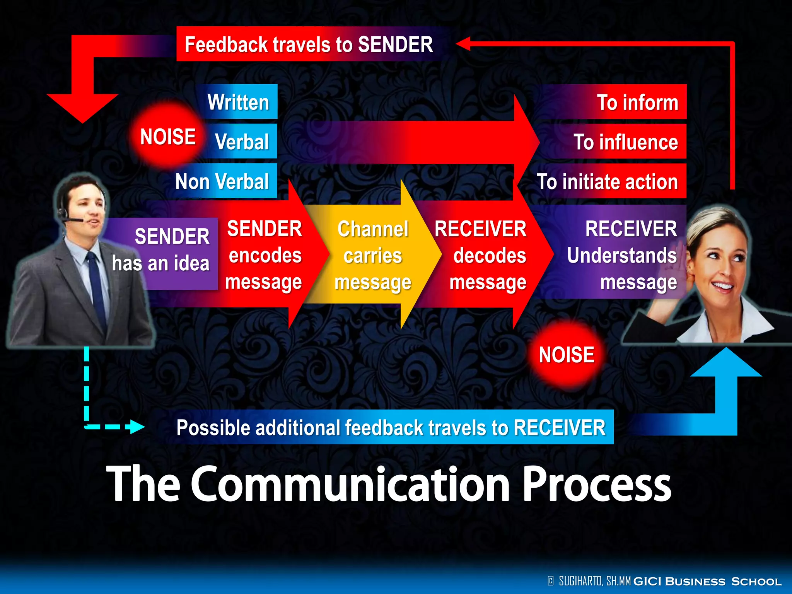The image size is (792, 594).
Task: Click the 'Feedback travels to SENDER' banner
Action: click(309, 44)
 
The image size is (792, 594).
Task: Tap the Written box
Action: click(239, 102)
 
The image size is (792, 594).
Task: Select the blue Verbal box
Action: click(242, 142)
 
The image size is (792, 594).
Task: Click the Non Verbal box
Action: click(222, 181)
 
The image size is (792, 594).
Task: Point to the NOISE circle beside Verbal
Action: click(167, 137)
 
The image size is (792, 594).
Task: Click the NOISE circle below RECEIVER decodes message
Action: click(566, 355)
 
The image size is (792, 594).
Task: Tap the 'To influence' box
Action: click(625, 142)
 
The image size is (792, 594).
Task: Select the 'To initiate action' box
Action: click(608, 181)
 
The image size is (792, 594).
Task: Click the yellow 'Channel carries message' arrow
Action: click(373, 256)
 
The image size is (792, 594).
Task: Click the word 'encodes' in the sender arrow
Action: click(265, 256)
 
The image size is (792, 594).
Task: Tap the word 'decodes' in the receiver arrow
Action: click(490, 256)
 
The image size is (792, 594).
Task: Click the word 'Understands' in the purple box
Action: click(621, 256)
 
